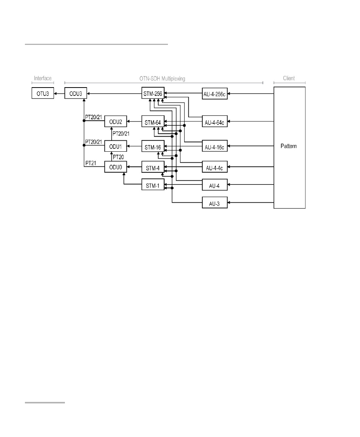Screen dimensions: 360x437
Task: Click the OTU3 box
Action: click(43, 93)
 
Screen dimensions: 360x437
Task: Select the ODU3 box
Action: click(75, 93)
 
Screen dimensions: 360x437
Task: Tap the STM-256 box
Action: click(153, 93)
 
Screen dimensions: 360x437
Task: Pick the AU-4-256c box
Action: click(215, 94)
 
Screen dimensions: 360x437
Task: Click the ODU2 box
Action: click(115, 122)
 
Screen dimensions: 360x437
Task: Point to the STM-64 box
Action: click(153, 122)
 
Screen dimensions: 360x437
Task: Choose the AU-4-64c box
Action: click(215, 122)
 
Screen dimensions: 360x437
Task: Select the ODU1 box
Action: click(115, 146)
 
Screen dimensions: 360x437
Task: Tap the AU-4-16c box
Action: click(215, 146)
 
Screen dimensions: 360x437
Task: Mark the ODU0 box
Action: click(115, 167)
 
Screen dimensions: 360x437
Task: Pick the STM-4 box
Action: click(153, 167)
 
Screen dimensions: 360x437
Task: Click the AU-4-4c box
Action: click(215, 167)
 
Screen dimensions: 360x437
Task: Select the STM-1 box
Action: click(153, 185)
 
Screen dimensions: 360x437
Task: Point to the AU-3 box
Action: click(215, 203)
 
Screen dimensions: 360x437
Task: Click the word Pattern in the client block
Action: click(289, 146)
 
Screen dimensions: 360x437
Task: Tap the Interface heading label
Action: click(43, 78)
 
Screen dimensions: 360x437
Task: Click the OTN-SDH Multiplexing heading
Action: click(162, 78)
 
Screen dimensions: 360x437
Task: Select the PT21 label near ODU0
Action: click(91, 163)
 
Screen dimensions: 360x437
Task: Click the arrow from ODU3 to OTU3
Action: click(59, 93)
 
